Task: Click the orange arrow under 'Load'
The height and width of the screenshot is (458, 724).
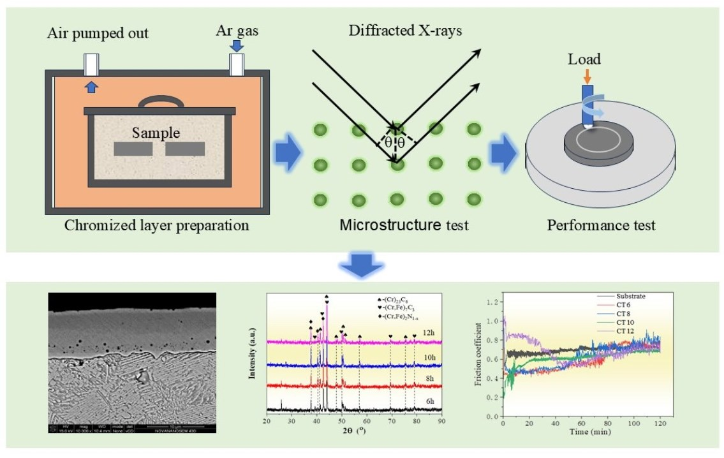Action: pyautogui.click(x=587, y=75)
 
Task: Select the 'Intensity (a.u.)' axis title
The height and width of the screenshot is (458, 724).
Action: pyautogui.click(x=254, y=353)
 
